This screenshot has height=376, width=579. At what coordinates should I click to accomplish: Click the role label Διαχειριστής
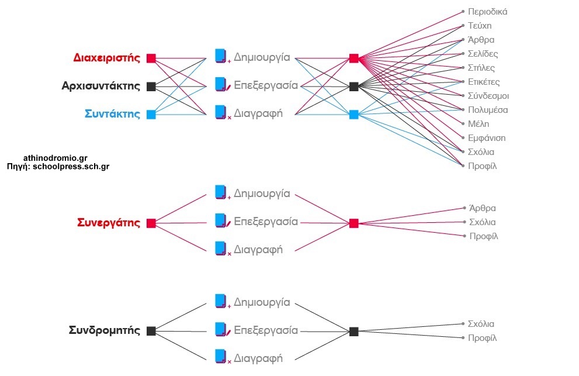pyautogui.click(x=107, y=58)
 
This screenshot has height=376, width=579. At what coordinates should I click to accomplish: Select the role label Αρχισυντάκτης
pyautogui.click(x=101, y=86)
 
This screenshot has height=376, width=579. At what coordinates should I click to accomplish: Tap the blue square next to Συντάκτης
pyautogui.click(x=151, y=115)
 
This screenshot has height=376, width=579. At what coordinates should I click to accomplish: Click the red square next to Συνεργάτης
pyautogui.click(x=151, y=223)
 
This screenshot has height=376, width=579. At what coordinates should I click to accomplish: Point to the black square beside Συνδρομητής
pyautogui.click(x=151, y=331)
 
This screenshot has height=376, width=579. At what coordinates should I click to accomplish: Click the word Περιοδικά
pyautogui.click(x=487, y=12)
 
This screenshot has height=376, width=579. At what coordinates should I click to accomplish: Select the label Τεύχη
pyautogui.click(x=480, y=26)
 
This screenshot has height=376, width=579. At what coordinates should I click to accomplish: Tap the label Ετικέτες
pyautogui.click(x=484, y=82)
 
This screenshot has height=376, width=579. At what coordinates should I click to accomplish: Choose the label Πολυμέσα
pyautogui.click(x=488, y=110)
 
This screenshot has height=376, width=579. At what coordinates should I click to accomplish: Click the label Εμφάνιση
pyautogui.click(x=487, y=138)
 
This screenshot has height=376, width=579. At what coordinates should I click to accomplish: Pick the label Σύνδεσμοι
pyautogui.click(x=488, y=96)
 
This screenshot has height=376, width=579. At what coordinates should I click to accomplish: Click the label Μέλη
pyautogui.click(x=478, y=124)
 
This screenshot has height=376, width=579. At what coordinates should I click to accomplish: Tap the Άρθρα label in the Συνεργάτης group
pyautogui.click(x=482, y=208)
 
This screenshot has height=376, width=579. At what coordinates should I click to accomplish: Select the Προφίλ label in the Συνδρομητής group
pyautogui.click(x=482, y=338)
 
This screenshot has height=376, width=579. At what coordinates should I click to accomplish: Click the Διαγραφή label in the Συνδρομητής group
pyautogui.click(x=258, y=358)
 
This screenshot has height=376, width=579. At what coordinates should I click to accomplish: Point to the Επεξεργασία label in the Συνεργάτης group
pyautogui.click(x=266, y=222)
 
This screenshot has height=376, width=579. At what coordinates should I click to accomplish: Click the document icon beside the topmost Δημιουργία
pyautogui.click(x=220, y=56)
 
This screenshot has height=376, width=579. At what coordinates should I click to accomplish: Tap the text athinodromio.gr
pyautogui.click(x=56, y=158)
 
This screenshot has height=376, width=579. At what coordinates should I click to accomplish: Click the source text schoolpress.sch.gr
pyautogui.click(x=71, y=167)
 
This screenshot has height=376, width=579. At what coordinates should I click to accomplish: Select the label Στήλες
pyautogui.click(x=481, y=68)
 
